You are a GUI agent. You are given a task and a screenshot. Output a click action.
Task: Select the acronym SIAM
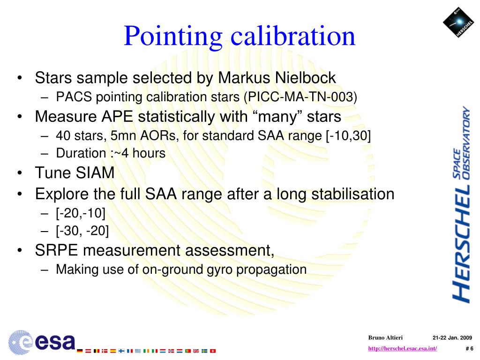coord(94,173)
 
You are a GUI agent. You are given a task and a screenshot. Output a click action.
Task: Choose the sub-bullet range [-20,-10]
coord(81,213)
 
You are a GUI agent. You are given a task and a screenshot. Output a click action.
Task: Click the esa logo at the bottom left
coord(41,341)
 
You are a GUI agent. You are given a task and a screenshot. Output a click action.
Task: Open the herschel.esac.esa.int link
coord(403,348)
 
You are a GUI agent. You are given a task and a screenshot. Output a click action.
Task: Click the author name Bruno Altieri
coord(385,338)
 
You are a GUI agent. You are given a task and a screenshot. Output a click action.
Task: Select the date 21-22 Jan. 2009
coord(452,338)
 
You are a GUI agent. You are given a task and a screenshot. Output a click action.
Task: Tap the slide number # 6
coord(469,348)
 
